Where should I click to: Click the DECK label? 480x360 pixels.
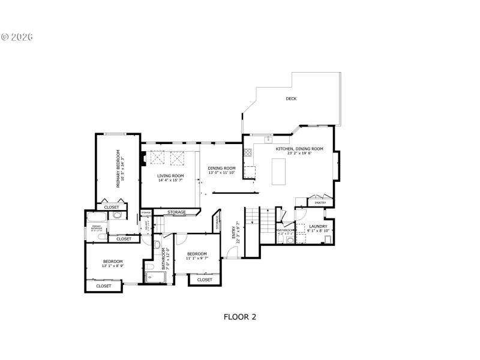click(x=291, y=98)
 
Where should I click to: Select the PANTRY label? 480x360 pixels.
click(x=320, y=203)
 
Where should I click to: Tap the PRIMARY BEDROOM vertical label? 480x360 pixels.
click(x=119, y=169)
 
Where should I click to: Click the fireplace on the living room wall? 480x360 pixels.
click(x=143, y=160)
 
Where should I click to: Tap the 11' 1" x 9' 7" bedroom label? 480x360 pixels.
click(x=196, y=256)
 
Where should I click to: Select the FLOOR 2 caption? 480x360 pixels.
click(x=240, y=316)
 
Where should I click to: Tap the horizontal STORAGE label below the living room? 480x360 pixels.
click(x=176, y=212)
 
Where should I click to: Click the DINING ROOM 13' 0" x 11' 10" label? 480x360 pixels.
click(x=221, y=170)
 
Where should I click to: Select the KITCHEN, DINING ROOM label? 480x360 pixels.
click(x=299, y=150)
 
